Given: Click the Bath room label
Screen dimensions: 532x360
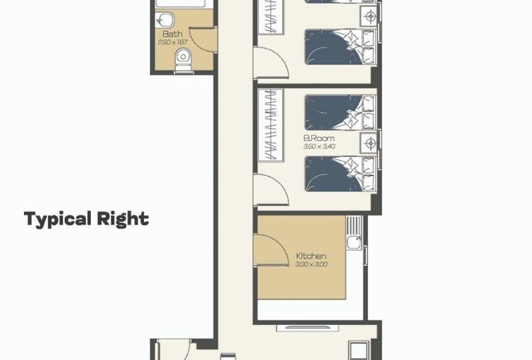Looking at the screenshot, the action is [x=172, y=33].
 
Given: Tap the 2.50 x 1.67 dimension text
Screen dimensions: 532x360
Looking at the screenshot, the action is [x=173, y=42].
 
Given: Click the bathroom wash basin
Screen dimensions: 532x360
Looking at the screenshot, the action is [x=165, y=20].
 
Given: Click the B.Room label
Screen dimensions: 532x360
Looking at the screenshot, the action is [x=319, y=138].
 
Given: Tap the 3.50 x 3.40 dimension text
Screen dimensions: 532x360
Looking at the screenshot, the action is [x=319, y=147].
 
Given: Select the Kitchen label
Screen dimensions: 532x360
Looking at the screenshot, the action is [x=311, y=256].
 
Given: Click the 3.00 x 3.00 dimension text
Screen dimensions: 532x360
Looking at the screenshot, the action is [x=311, y=264].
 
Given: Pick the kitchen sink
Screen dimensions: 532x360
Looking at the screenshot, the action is [x=354, y=243].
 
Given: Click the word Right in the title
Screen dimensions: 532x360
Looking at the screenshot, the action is [x=123, y=219].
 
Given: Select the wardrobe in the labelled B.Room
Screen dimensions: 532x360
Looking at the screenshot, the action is [x=271, y=125].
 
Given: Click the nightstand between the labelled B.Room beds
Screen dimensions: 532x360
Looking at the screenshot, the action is [x=369, y=143].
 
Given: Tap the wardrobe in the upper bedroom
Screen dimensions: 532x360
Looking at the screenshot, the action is [x=271, y=16].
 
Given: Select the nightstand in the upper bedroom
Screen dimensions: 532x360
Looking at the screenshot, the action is [x=369, y=16].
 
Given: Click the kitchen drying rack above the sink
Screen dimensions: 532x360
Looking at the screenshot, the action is [x=354, y=225].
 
